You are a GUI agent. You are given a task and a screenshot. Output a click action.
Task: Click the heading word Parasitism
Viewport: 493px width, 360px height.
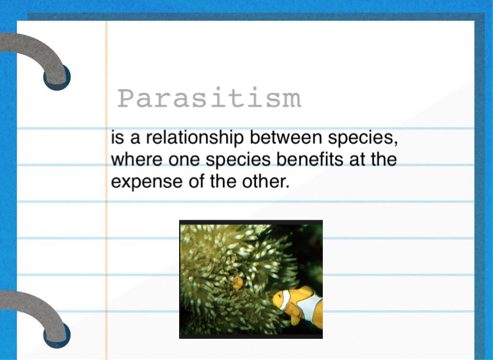[210, 98]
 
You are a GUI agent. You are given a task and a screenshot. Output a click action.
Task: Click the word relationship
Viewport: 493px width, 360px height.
[195, 138]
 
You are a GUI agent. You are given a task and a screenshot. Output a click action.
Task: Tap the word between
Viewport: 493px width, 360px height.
[286, 137]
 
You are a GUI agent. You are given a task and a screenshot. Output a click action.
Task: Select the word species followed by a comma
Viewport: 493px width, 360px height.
[363, 139]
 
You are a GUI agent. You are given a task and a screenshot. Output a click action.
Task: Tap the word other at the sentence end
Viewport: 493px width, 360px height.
[265, 181]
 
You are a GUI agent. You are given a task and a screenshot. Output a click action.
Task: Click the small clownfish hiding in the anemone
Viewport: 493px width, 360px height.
[237, 282]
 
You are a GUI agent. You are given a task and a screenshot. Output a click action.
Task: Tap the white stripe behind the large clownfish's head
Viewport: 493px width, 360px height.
[286, 300]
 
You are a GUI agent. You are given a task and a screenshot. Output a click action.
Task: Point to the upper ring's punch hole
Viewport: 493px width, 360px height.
[57, 78]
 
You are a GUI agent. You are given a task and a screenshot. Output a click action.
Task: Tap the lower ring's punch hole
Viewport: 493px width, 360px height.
[57, 335]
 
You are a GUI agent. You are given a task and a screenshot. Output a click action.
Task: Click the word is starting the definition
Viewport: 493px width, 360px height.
[117, 138]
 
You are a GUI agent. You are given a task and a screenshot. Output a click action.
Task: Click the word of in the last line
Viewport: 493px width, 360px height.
[196, 181]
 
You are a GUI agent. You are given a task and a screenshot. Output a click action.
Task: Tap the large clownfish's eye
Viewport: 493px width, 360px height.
[277, 296]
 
